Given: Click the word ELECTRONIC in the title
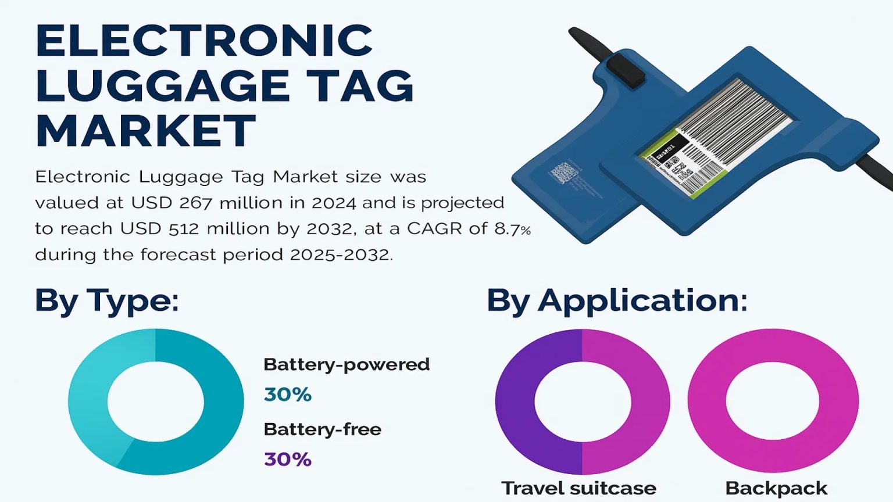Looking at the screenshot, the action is pyautogui.click(x=205, y=40).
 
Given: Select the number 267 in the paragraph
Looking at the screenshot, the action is pyautogui.click(x=195, y=203).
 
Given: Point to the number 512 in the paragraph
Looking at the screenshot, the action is pyautogui.click(x=183, y=229).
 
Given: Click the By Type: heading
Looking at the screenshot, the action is pyautogui.click(x=107, y=302).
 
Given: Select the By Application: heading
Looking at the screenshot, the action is pyautogui.click(x=617, y=302).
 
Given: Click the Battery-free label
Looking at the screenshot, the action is pyautogui.click(x=323, y=429).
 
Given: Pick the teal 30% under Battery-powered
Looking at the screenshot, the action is pyautogui.click(x=288, y=395).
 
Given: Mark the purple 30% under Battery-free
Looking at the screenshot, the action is pyautogui.click(x=288, y=460).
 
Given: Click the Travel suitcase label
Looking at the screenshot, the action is pyautogui.click(x=578, y=488).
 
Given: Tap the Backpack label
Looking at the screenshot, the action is pyautogui.click(x=776, y=488).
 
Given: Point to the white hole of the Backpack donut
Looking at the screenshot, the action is pyautogui.click(x=773, y=401).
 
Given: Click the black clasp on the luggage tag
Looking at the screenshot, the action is pyautogui.click(x=626, y=70).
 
